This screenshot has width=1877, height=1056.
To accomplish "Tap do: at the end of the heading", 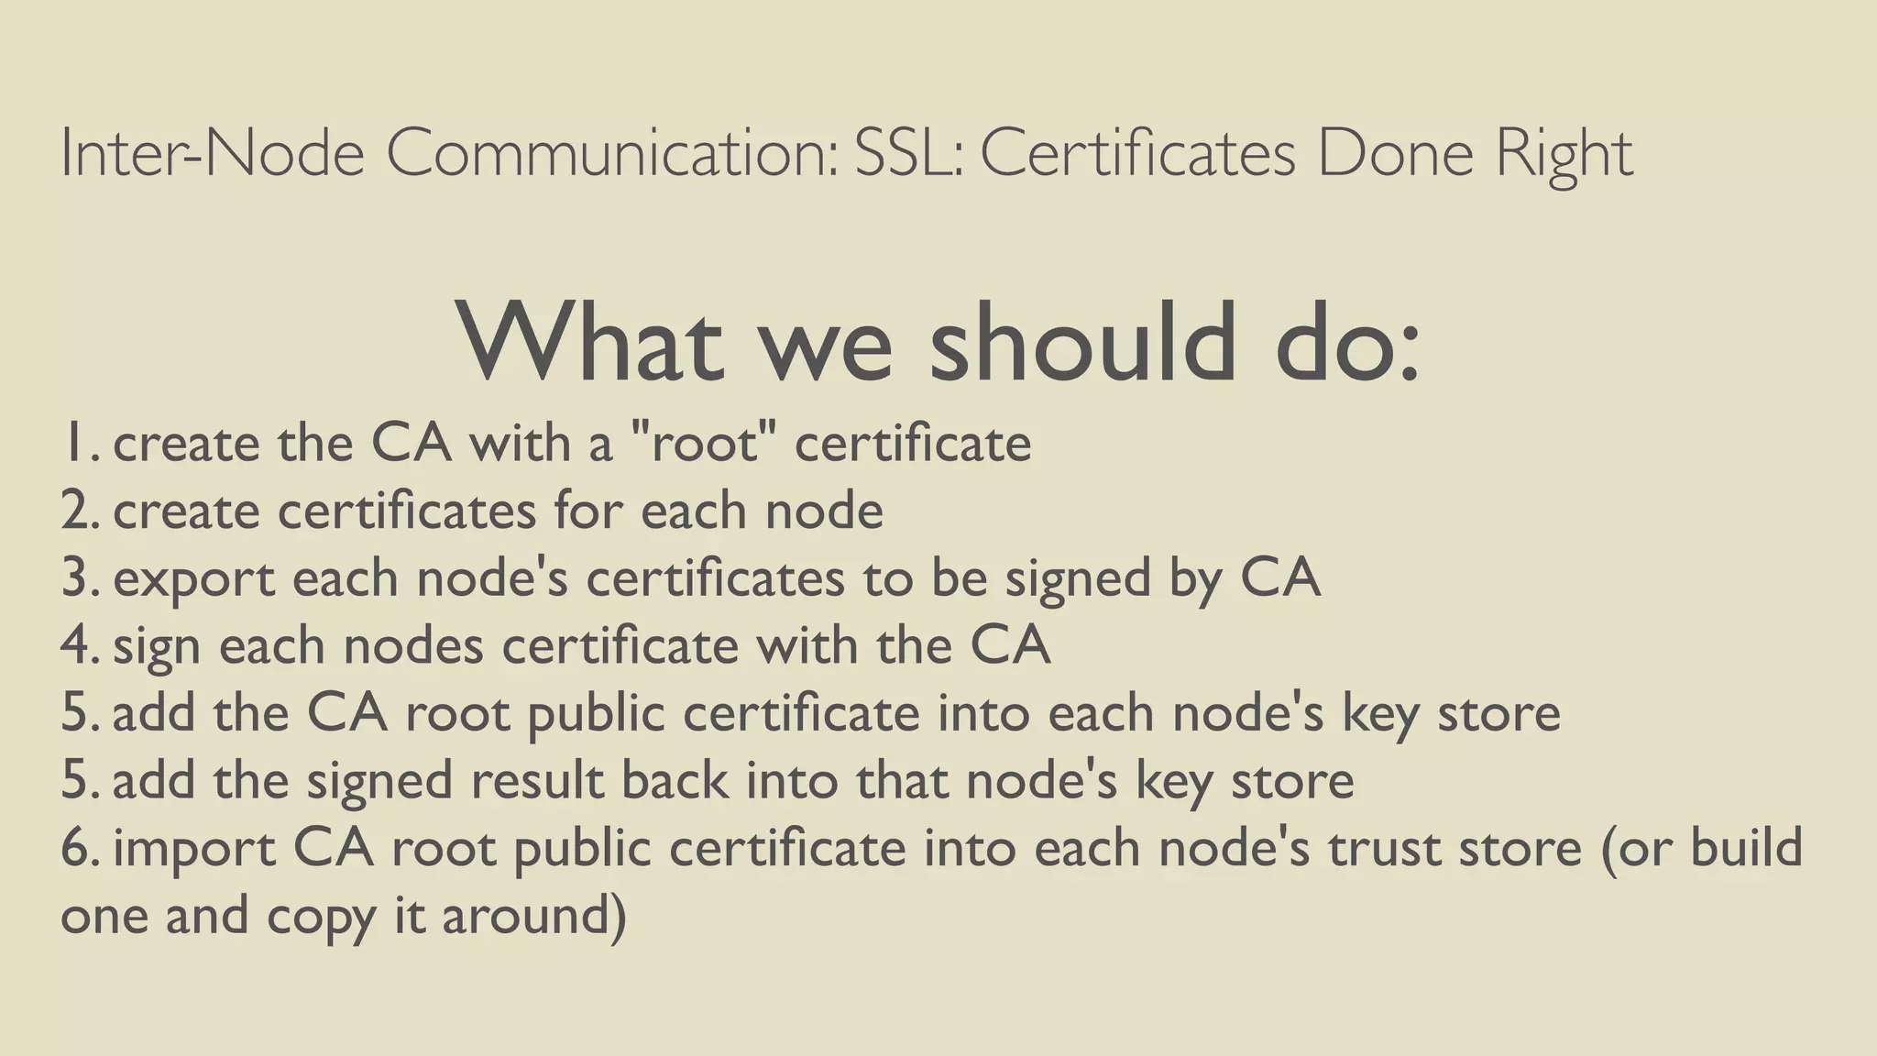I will click(1347, 343).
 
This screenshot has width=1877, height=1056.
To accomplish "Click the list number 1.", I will click(77, 444).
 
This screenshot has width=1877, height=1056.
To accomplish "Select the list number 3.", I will click(79, 578).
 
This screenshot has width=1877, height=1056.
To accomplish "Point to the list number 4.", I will click(79, 645).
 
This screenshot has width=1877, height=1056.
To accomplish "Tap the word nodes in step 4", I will click(413, 645).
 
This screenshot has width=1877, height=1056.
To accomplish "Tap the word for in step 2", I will click(587, 511).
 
